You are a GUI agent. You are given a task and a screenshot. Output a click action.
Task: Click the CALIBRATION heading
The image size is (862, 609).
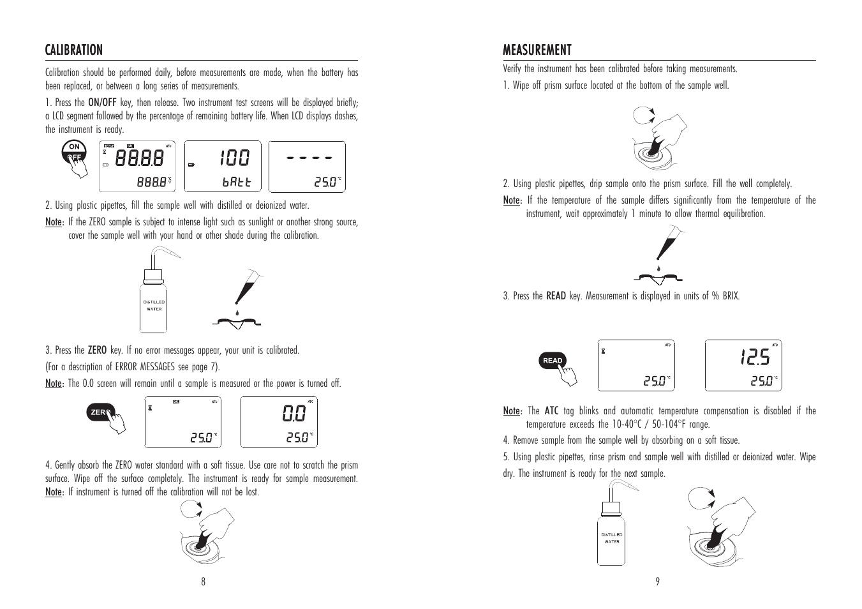pos(73,50)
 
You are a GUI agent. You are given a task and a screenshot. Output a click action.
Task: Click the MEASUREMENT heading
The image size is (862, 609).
pos(537,50)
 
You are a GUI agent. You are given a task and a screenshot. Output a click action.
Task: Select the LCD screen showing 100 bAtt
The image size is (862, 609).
pos(223,167)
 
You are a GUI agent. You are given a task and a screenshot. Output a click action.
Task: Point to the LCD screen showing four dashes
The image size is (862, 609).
pos(307,167)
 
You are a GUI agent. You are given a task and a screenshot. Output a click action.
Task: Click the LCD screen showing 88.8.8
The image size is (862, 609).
pos(137,167)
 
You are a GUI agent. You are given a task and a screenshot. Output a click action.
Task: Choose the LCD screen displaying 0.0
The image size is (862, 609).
pos(279,422)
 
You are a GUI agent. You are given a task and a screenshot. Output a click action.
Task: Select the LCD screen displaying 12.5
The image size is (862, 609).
pos(743,365)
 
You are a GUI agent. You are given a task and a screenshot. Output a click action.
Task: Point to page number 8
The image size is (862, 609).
pos(203,581)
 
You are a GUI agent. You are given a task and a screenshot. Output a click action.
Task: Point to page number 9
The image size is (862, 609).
pos(657,581)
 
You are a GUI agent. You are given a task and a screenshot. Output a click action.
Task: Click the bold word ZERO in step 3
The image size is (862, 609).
pos(97,350)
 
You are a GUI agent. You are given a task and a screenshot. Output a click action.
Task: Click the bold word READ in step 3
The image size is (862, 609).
pos(556,296)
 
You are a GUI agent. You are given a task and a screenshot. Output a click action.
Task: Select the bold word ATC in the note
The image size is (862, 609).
pos(551,410)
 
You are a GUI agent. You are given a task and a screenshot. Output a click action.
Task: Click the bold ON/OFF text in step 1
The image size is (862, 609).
pos(102,102)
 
